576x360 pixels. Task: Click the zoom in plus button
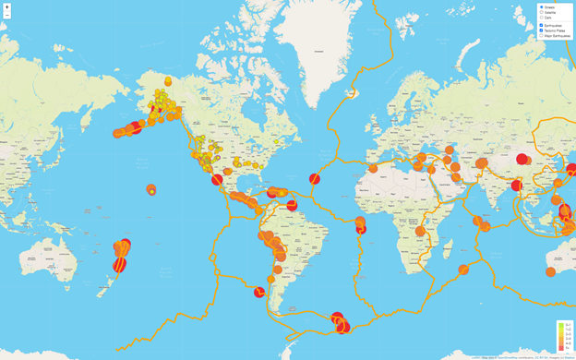[7, 7]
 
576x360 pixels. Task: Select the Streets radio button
[541, 6]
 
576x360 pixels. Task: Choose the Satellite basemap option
[541, 12]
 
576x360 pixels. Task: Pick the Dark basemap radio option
[541, 18]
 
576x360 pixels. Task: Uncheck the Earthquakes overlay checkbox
[541, 25]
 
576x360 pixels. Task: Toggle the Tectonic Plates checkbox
[541, 30]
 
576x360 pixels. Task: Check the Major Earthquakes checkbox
[541, 36]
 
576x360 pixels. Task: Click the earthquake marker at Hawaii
[150, 190]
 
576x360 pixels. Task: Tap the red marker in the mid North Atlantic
[315, 178]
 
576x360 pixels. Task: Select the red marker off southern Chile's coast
[259, 292]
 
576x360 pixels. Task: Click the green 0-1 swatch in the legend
[560, 324]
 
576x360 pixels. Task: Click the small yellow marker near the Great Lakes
[276, 141]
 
